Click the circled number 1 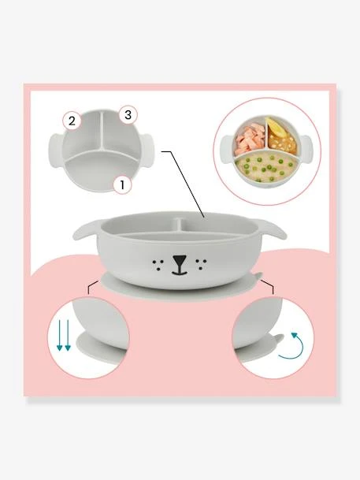tap(121, 185)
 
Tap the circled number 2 tap(72, 121)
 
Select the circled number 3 tap(127, 115)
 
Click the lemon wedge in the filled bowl tap(278, 127)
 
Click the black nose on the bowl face tap(180, 261)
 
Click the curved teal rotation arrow tap(295, 344)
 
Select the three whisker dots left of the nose tap(160, 260)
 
